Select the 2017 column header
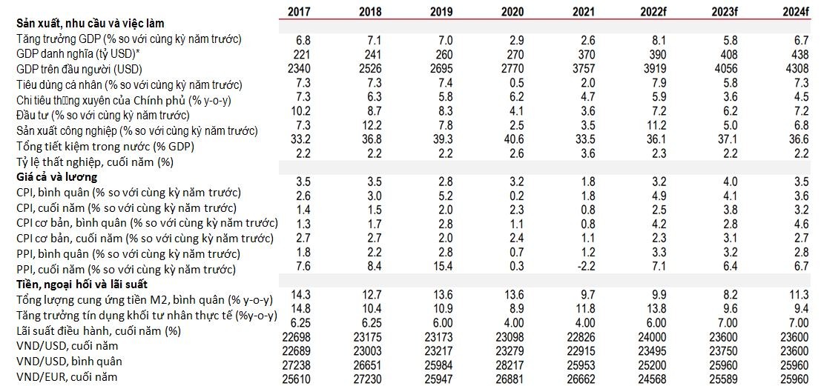tap(300, 10)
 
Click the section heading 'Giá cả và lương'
tap(57, 177)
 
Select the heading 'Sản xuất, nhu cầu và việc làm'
tap(90, 24)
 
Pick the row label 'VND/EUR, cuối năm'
tap(67, 377)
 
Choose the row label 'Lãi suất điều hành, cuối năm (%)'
tap(99, 331)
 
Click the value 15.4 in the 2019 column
tap(444, 267)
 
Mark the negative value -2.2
tap(584, 267)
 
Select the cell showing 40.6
tap(515, 147)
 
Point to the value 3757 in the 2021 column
tap(584, 70)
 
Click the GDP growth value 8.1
tap(658, 39)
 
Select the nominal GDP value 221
tap(301, 54)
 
